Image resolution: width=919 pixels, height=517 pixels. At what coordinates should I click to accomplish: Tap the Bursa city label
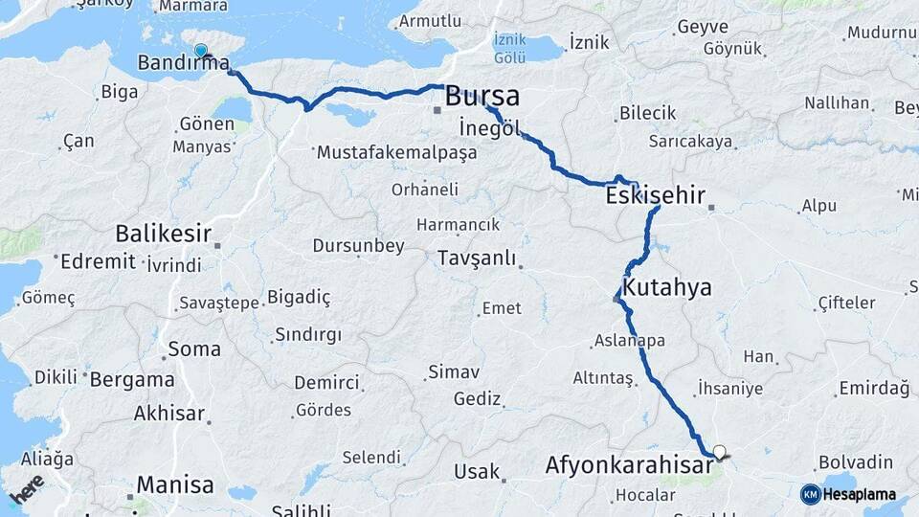tap(482, 96)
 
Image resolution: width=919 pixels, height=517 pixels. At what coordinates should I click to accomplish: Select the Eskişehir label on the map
tap(655, 196)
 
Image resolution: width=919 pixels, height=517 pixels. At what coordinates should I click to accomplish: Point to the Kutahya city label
tap(666, 287)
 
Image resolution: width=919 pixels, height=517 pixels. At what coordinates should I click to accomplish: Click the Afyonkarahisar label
tap(628, 466)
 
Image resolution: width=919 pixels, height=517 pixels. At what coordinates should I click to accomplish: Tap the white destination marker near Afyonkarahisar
tap(719, 452)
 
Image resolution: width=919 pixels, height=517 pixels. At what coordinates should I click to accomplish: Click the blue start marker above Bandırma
tap(200, 51)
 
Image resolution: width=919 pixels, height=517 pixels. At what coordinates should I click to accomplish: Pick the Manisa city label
tap(175, 484)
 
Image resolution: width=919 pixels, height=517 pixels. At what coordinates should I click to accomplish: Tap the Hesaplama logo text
tap(859, 494)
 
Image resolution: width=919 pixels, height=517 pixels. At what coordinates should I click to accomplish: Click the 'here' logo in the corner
tap(26, 488)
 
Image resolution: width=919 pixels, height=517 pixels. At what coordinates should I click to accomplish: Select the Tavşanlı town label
tap(477, 258)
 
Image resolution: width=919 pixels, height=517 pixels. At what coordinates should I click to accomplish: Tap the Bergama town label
tap(132, 379)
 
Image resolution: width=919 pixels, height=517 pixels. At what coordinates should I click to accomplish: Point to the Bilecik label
tap(647, 113)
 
